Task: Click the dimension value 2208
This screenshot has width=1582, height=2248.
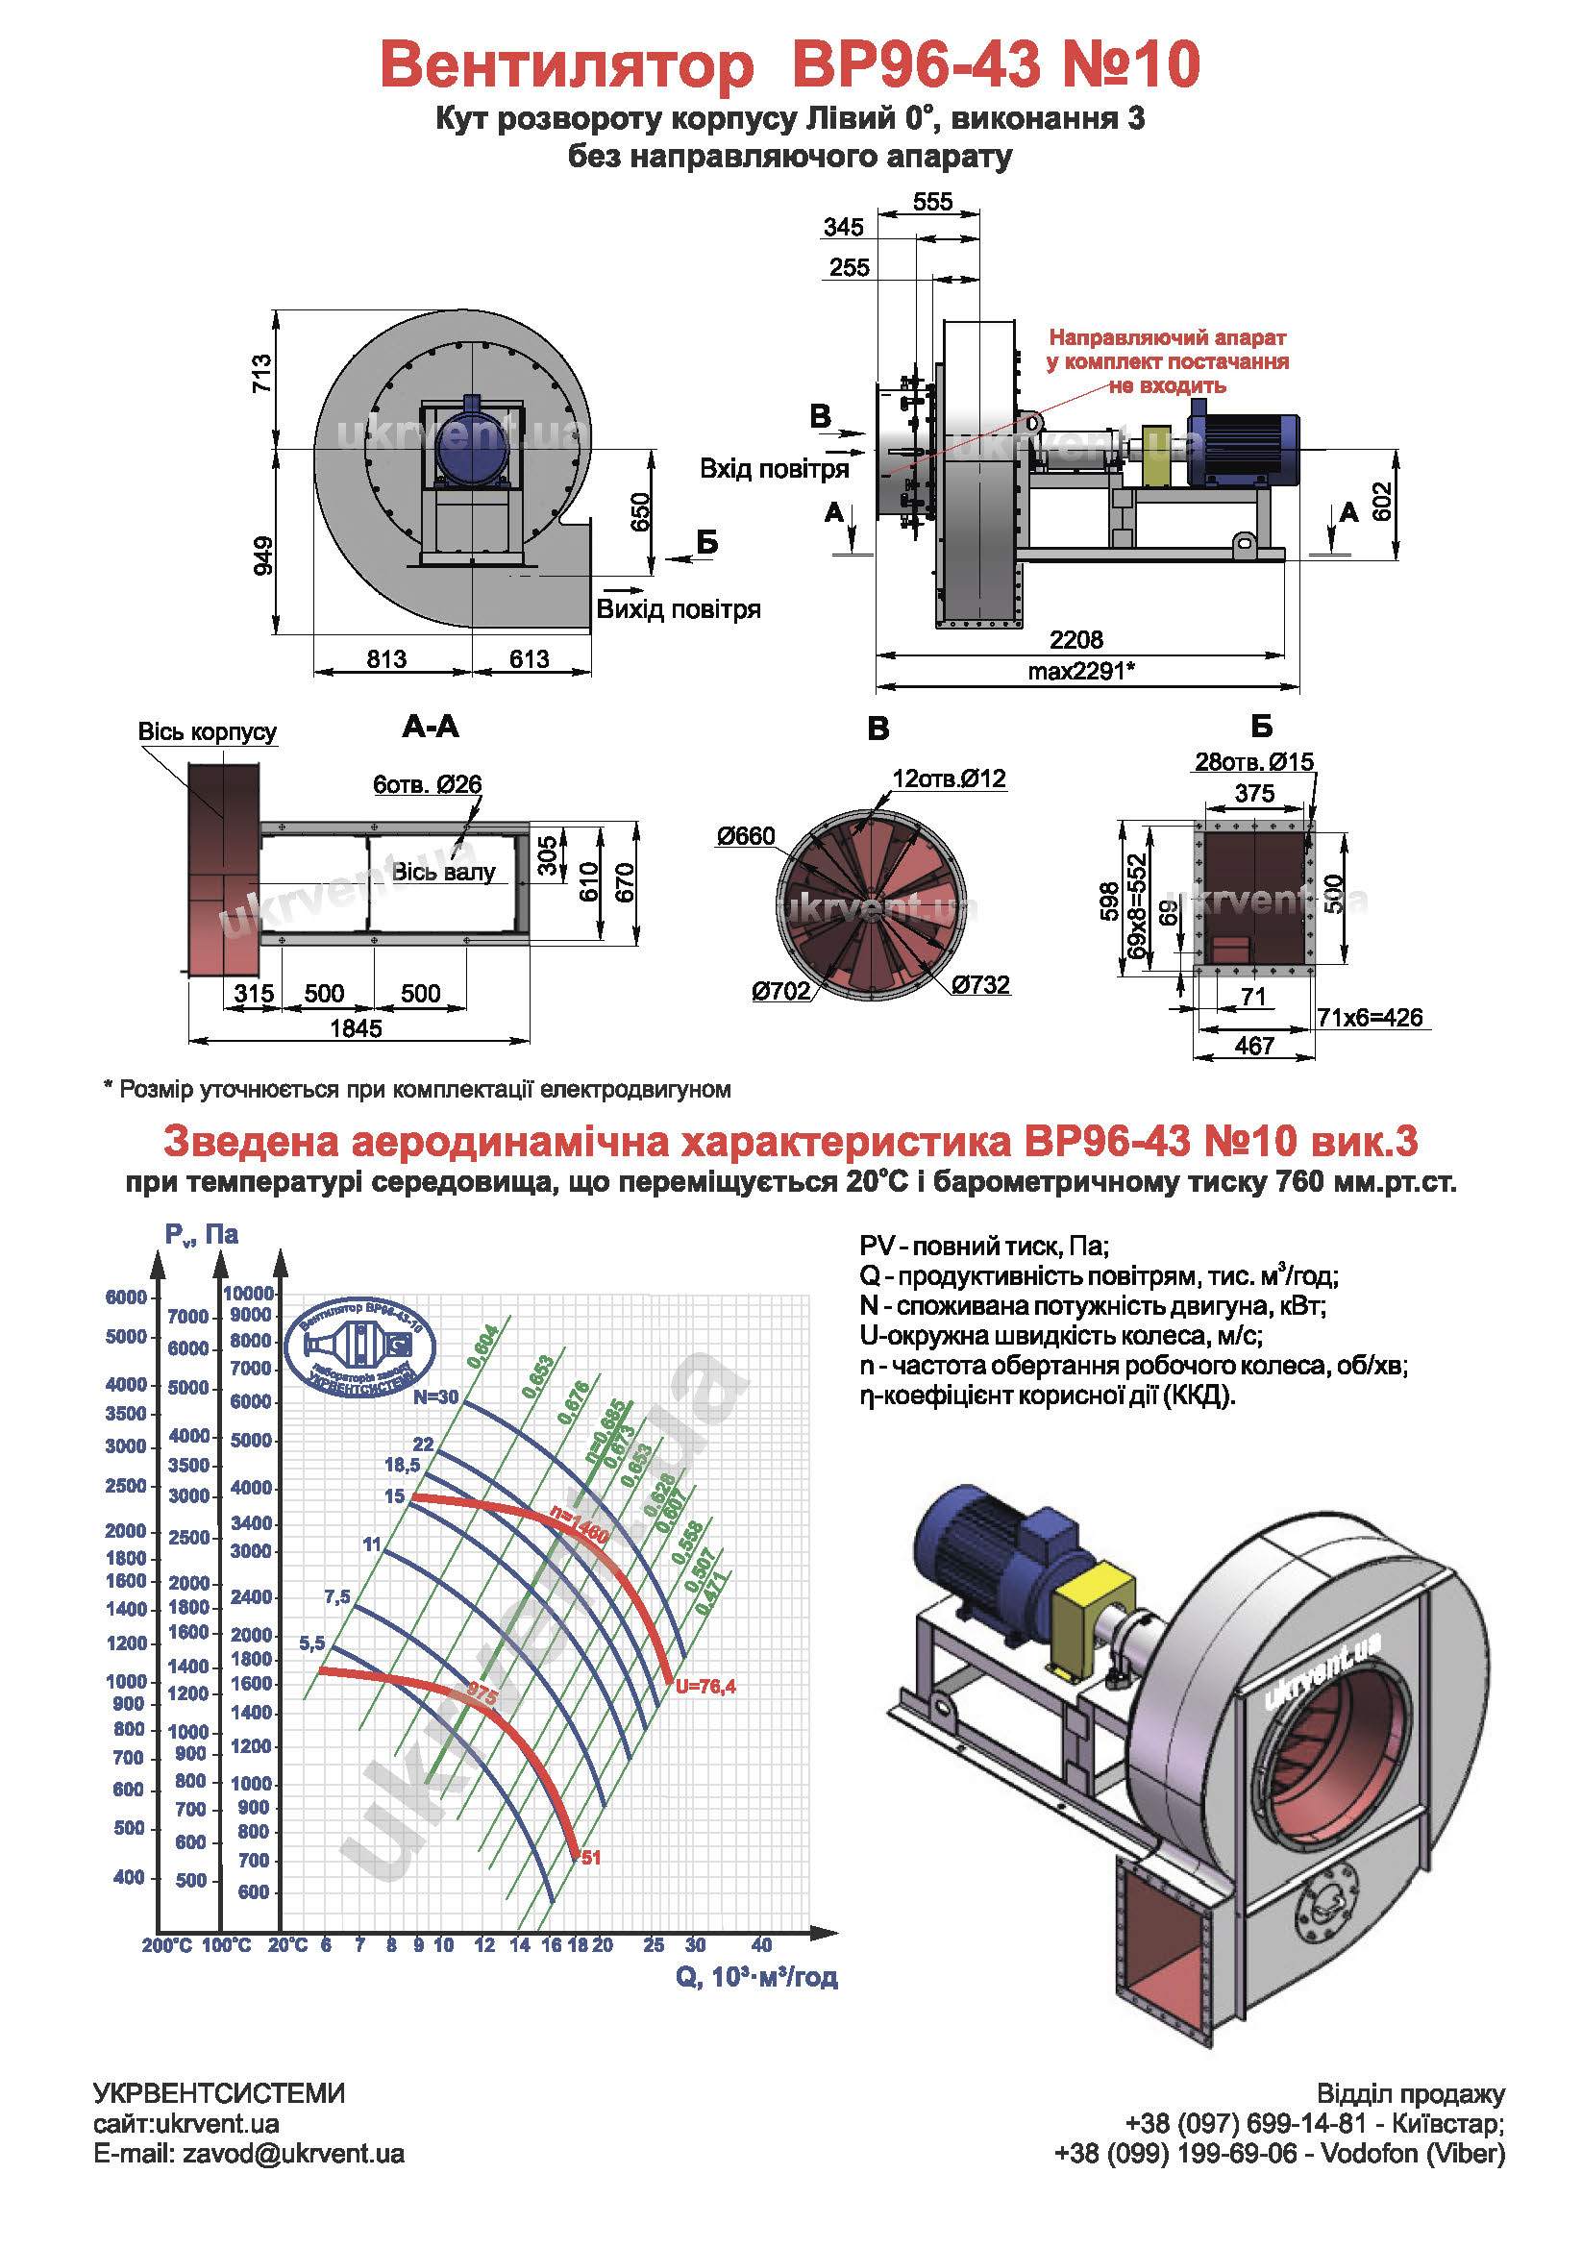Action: pos(1075,639)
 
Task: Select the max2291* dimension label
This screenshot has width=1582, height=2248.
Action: pos(1080,671)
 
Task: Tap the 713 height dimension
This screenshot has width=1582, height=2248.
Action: pos(261,374)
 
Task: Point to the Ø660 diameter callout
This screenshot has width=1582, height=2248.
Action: pos(745,836)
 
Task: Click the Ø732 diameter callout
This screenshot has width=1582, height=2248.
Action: pos(980,984)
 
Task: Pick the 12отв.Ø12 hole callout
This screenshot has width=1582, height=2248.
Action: pos(948,778)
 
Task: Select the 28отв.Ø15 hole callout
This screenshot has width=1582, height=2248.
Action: pos(1253,762)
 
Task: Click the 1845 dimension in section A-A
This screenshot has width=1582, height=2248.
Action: pos(356,1028)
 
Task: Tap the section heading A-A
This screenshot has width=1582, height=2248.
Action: pos(430,727)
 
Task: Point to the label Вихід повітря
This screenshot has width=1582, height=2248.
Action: pos(678,609)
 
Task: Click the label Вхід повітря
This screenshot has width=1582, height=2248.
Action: pos(774,469)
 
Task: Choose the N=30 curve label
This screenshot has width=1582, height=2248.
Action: pos(434,1397)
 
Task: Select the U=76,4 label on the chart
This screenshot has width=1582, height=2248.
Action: pos(704,1686)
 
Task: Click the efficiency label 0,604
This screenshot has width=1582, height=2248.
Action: pos(483,1346)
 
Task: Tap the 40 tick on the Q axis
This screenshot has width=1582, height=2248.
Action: pos(760,1944)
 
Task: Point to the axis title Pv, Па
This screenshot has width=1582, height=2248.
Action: pos(201,1235)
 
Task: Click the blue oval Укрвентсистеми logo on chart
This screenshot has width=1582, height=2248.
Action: pos(359,1347)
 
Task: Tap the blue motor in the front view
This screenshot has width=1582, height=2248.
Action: pos(472,446)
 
